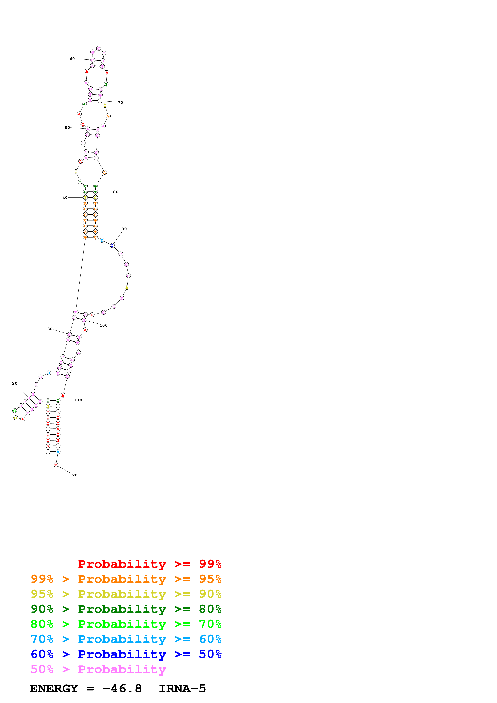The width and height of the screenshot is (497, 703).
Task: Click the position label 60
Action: point(72,59)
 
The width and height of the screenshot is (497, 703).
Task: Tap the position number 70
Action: point(121,103)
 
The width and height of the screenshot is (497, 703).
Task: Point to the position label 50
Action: point(67,128)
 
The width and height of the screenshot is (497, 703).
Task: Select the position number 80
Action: point(116,192)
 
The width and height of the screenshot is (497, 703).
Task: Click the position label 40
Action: point(65,197)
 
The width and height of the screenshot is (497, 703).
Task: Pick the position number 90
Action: point(124,229)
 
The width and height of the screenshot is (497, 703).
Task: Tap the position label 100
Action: point(103,325)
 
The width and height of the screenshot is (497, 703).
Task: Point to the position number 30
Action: point(50,329)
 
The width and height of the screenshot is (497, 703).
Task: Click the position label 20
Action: point(15,383)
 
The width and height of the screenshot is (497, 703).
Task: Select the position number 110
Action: point(78,400)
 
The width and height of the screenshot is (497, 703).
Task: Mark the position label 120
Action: point(74,475)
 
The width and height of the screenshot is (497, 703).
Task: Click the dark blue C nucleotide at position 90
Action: point(112,245)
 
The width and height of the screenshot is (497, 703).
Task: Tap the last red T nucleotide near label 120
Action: point(56,465)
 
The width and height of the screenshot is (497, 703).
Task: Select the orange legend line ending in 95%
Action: point(126,579)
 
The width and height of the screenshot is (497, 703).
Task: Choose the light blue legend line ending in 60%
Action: point(126,639)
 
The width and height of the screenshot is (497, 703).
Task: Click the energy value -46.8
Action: point(122,689)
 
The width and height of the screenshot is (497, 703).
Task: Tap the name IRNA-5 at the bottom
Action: point(182,689)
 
